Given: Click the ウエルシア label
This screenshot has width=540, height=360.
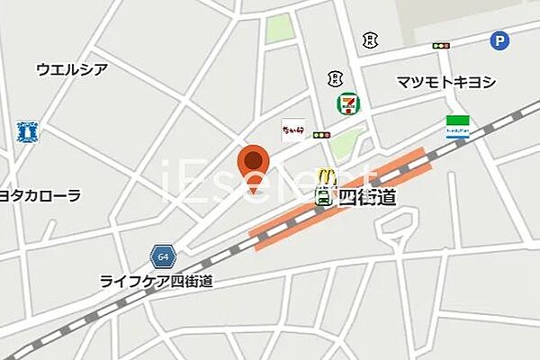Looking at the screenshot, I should tap(72, 69).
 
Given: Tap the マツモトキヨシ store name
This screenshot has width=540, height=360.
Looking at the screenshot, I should tap(446, 82).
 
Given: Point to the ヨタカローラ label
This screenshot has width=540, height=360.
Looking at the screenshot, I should tap(40, 195).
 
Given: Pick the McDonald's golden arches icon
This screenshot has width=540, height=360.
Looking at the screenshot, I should tap(329, 176).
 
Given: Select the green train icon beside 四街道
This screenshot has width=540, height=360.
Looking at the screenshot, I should tap(322, 197).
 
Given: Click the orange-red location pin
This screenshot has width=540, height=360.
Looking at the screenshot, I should tap(255, 166).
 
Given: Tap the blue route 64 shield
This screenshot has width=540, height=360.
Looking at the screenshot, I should tap(162, 256).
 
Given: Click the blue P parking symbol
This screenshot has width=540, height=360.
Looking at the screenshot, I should tap(499, 40).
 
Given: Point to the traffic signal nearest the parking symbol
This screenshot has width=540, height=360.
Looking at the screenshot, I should tap(441, 45).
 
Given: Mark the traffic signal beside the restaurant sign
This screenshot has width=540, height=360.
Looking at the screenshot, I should tap(321, 135).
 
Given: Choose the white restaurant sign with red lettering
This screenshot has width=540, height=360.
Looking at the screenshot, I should tap(293, 130).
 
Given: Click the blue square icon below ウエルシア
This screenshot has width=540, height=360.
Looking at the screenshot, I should tap(28, 132).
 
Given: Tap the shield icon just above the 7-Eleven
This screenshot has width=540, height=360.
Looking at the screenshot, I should tap(335, 78).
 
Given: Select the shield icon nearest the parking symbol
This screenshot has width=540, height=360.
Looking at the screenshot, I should tap(369, 39).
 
